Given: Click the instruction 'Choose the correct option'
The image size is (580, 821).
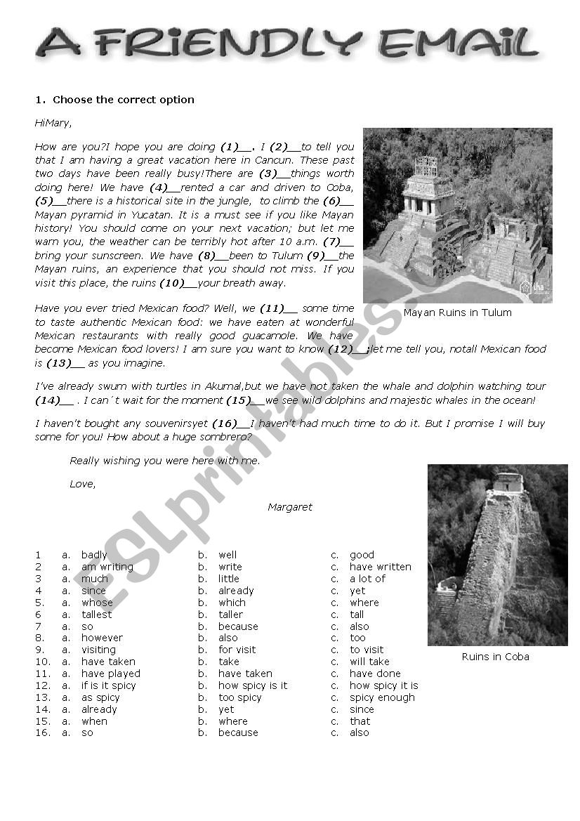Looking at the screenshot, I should click(123, 100).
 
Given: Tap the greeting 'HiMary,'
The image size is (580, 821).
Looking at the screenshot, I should click(53, 124).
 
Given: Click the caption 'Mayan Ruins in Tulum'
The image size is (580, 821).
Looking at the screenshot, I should click(457, 313).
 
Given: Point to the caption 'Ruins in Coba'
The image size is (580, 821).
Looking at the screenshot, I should click(495, 657).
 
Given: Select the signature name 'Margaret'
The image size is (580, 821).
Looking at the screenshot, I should click(289, 507).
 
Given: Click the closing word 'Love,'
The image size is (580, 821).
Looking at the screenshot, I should click(82, 484).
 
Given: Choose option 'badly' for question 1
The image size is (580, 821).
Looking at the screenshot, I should click(94, 555).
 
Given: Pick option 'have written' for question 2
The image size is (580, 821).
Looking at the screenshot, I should click(380, 567).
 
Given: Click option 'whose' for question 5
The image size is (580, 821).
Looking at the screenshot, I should click(97, 603).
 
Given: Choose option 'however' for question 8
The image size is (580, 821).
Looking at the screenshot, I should click(102, 638).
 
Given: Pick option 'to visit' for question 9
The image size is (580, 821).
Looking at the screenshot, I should click(367, 650).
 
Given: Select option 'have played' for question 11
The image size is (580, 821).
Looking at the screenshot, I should click(110, 674).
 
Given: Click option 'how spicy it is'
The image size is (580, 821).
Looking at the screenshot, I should click(383, 685).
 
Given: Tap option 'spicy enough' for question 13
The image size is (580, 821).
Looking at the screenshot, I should click(382, 697).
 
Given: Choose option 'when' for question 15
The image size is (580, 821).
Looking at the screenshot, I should click(94, 721).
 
